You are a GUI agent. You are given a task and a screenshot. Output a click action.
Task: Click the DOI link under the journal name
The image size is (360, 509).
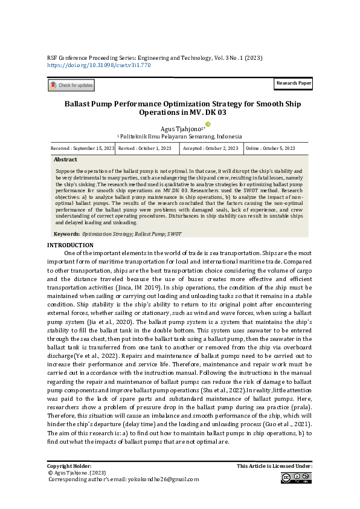(98, 64)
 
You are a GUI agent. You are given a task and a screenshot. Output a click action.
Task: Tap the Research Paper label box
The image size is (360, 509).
(294, 82)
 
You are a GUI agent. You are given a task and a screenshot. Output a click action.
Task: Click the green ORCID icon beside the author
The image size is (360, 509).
(208, 124)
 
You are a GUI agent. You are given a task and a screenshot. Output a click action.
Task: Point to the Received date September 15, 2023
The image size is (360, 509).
(83, 148)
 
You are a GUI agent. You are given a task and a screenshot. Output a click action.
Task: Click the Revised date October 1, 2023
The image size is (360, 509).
(145, 148)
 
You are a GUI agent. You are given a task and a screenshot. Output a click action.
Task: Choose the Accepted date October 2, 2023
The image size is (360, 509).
(211, 148)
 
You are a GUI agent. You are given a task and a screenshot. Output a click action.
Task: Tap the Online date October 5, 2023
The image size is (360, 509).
(271, 148)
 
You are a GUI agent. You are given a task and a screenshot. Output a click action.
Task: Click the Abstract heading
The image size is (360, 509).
(65, 160)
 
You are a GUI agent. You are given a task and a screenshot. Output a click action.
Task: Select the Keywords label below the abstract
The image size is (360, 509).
(67, 233)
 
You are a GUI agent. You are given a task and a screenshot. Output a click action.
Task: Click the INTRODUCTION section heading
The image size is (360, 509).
(70, 245)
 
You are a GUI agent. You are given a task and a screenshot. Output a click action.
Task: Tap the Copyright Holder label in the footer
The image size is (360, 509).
(69, 466)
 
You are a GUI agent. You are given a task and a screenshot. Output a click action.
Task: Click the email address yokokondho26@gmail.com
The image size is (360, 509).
(162, 479)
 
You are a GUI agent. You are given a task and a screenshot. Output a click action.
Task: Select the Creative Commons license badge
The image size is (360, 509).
(296, 478)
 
